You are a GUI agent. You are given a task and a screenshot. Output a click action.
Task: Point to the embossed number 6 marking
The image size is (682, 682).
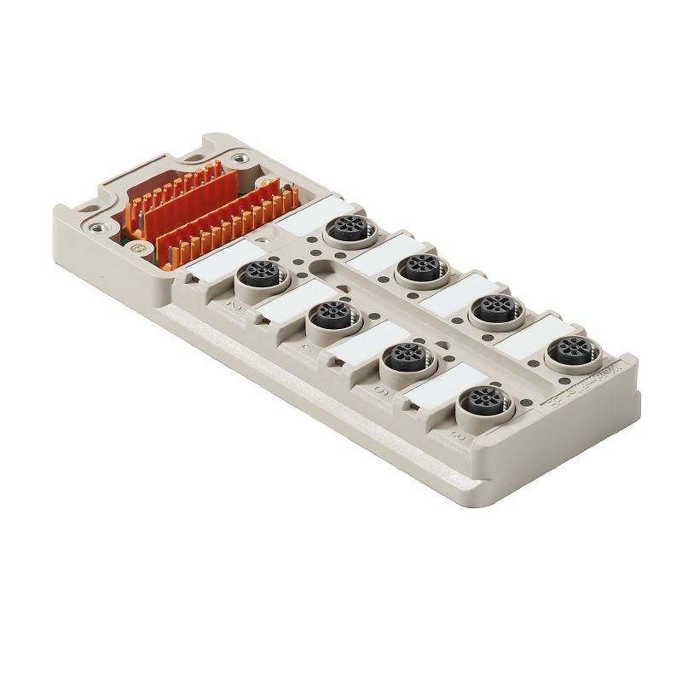pos(376,391)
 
